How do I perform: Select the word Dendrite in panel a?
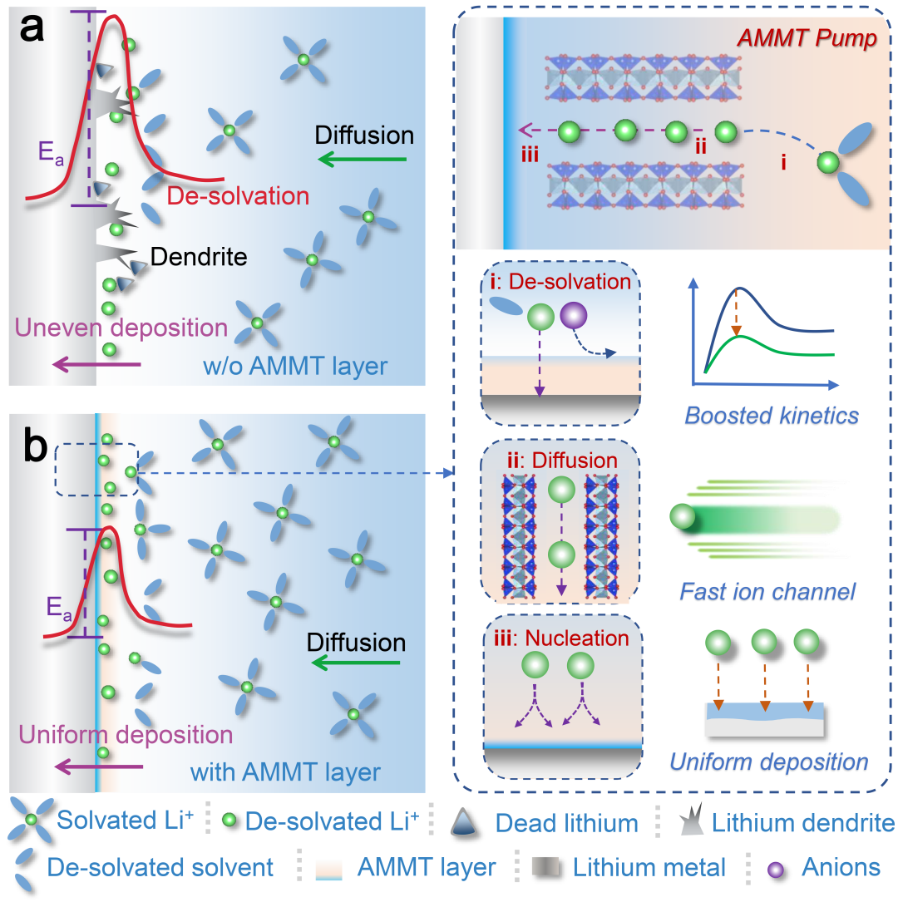point(200,257)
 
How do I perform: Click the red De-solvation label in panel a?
point(238,196)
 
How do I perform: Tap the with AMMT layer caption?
point(285,771)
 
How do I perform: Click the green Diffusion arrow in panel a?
point(363,159)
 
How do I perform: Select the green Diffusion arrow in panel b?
point(358,663)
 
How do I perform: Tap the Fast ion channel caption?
point(767,592)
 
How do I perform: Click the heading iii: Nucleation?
point(561,638)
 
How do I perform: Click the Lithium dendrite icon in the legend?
point(690,823)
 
